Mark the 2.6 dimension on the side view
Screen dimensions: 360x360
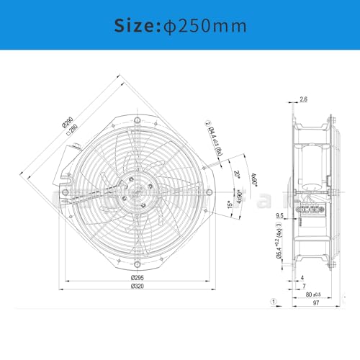tap(303, 99)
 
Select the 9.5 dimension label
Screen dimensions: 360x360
tap(279, 215)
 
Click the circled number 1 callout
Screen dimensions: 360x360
tap(273, 302)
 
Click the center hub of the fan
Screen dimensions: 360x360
tap(135, 193)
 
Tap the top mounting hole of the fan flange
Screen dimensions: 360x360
tap(135, 116)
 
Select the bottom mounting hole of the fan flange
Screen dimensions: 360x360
tap(135, 270)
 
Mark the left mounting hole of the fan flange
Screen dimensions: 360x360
tap(66, 193)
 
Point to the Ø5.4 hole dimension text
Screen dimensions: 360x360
tap(279, 248)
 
